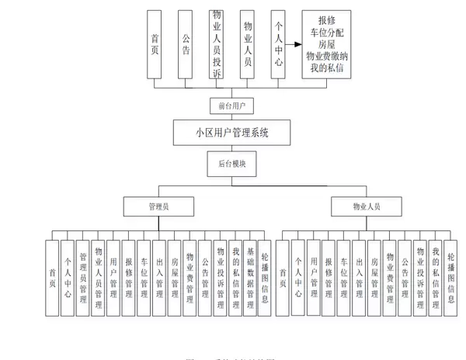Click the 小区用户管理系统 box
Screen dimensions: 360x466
pyautogui.click(x=232, y=133)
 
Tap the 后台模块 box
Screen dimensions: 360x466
pyautogui.click(x=231, y=164)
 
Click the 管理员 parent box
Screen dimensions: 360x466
pyautogui.click(x=158, y=206)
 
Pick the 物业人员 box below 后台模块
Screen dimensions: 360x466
pyautogui.click(x=366, y=206)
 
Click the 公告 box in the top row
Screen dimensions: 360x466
pyautogui.click(x=185, y=44)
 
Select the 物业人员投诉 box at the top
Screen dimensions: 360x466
pyautogui.click(x=216, y=44)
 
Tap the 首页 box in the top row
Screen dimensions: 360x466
pyautogui.click(x=155, y=44)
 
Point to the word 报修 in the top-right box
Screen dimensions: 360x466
pyautogui.click(x=326, y=20)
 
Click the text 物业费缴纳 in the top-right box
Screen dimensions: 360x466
pyautogui.click(x=326, y=56)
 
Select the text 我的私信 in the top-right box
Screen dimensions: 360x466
pyautogui.click(x=326, y=68)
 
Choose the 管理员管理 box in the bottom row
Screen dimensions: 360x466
pyautogui.click(x=83, y=278)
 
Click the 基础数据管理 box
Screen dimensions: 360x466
pyautogui.click(x=250, y=278)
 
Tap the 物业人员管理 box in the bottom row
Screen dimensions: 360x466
pyautogui.click(x=99, y=278)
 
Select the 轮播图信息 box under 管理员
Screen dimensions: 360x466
pyautogui.click(x=265, y=278)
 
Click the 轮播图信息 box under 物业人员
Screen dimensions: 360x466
pyautogui.click(x=451, y=278)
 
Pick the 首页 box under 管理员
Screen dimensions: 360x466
pyautogui.click(x=52, y=278)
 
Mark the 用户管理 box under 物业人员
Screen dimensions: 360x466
pyautogui.click(x=314, y=278)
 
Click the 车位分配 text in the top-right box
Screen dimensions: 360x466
pyautogui.click(x=326, y=32)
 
